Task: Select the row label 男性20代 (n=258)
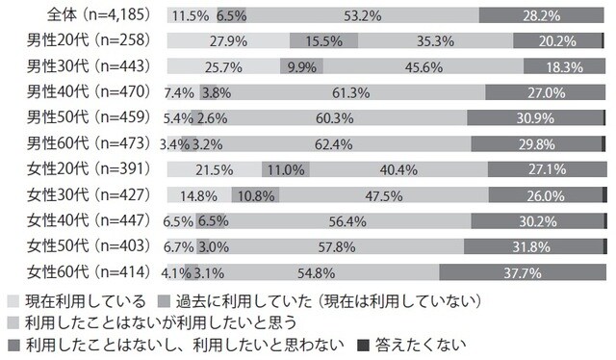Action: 88,41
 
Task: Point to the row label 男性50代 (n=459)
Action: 88,118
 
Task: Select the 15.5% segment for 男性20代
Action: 323,41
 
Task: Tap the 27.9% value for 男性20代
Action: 227,41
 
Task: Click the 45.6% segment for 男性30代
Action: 404,67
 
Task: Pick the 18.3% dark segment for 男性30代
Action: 563,67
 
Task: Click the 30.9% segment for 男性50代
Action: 535,118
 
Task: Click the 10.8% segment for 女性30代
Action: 255,195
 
